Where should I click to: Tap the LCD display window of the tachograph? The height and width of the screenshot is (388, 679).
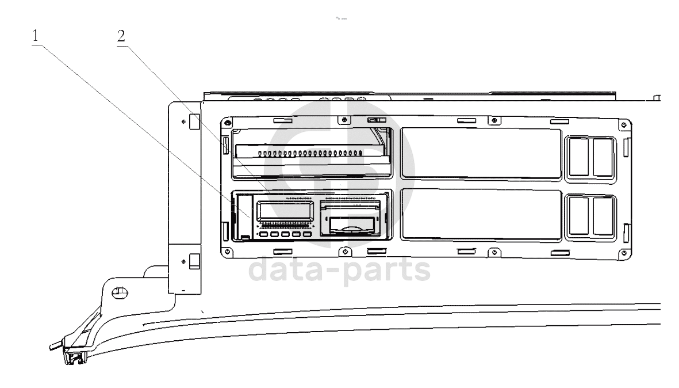[284, 211]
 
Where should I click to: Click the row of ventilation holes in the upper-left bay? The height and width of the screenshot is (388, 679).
[310, 154]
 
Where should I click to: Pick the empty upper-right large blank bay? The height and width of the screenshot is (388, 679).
[480, 153]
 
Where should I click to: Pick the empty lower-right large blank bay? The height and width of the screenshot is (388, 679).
[480, 214]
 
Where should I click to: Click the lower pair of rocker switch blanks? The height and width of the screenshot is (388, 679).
[591, 215]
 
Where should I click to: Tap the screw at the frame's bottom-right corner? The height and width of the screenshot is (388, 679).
[623, 250]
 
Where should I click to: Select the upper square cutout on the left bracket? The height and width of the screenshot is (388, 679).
[194, 121]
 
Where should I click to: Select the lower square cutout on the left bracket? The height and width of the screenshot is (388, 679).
[194, 261]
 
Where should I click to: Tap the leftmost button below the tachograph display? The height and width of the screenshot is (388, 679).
[264, 234]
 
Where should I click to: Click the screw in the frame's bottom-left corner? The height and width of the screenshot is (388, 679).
[229, 250]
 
